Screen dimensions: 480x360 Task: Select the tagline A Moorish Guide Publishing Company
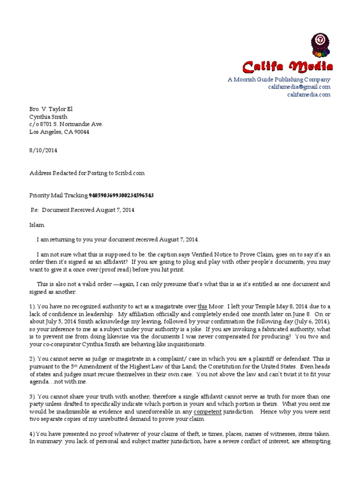(279, 80)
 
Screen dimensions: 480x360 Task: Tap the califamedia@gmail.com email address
(299, 87)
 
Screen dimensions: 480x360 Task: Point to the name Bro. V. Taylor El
(51, 109)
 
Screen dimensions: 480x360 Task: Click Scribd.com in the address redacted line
(130, 173)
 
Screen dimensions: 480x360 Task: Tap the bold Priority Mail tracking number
(121, 195)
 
